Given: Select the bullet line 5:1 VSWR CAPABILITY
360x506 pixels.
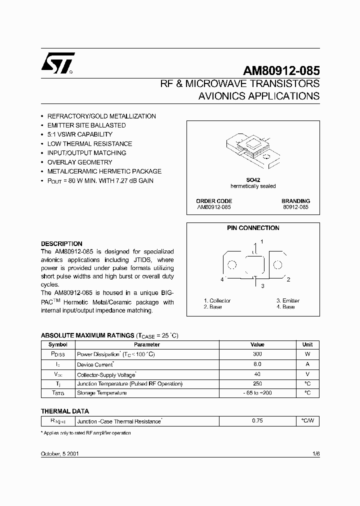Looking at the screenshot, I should coord(79,134).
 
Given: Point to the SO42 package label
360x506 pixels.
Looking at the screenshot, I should coord(253,180).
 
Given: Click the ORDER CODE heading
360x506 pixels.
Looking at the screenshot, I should coord(214,201).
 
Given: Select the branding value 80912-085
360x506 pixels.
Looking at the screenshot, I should coord(296,206).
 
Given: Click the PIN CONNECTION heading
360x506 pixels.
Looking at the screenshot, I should coord(253,228).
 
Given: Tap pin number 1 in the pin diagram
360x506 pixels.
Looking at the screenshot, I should coord(262,241).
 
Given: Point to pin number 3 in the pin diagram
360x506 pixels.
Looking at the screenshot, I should coord(261,285).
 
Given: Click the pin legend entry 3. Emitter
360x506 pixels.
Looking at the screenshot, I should coord(287,300).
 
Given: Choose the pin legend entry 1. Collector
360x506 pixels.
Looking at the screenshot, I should coord(217,300).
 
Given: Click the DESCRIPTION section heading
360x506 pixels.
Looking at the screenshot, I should coord(61,244).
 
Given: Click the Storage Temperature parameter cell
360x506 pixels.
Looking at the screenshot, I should coord(101,393).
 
